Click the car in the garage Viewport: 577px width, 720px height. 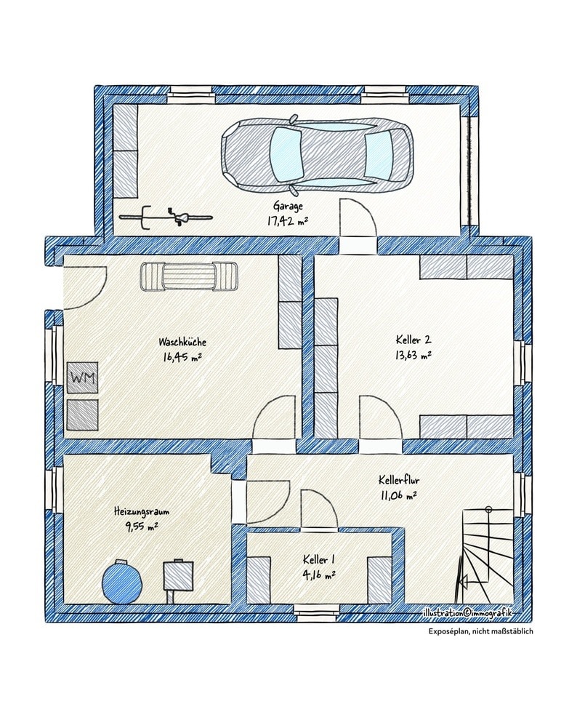coord(317,154)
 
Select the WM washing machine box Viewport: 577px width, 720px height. coord(83,377)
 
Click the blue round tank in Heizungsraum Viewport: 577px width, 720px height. coord(121,581)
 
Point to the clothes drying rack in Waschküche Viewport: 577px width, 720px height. coord(189,276)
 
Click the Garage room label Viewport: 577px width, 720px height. coord(288,205)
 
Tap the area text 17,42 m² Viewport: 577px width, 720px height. coord(288,221)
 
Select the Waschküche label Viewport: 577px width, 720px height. coord(182,342)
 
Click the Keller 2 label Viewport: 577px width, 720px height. coord(413,340)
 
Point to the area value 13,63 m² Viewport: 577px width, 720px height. coord(413,355)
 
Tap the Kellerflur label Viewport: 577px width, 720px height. coord(399,480)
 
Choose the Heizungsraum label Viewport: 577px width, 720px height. coord(142,511)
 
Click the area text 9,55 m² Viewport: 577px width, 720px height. coord(141,527)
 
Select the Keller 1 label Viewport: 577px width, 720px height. coord(319,560)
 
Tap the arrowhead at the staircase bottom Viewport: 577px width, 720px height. coord(463,583)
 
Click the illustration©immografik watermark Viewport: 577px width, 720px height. coord(467,612)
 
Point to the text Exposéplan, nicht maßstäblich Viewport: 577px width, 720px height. coord(481,631)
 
